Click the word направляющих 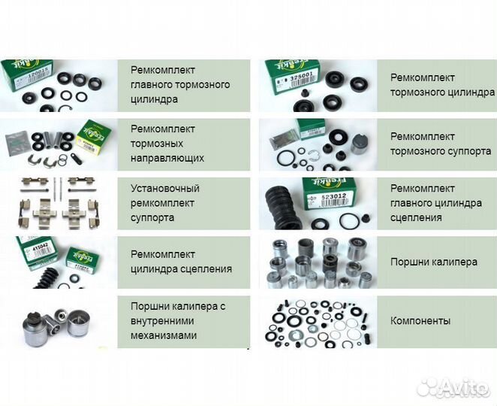click(x=167, y=159)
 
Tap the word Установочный click(x=164, y=188)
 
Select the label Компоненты click(x=420, y=321)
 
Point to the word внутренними click(x=164, y=321)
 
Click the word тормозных click(x=157, y=144)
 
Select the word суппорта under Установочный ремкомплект click(x=152, y=218)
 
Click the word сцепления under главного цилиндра click(x=416, y=218)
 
